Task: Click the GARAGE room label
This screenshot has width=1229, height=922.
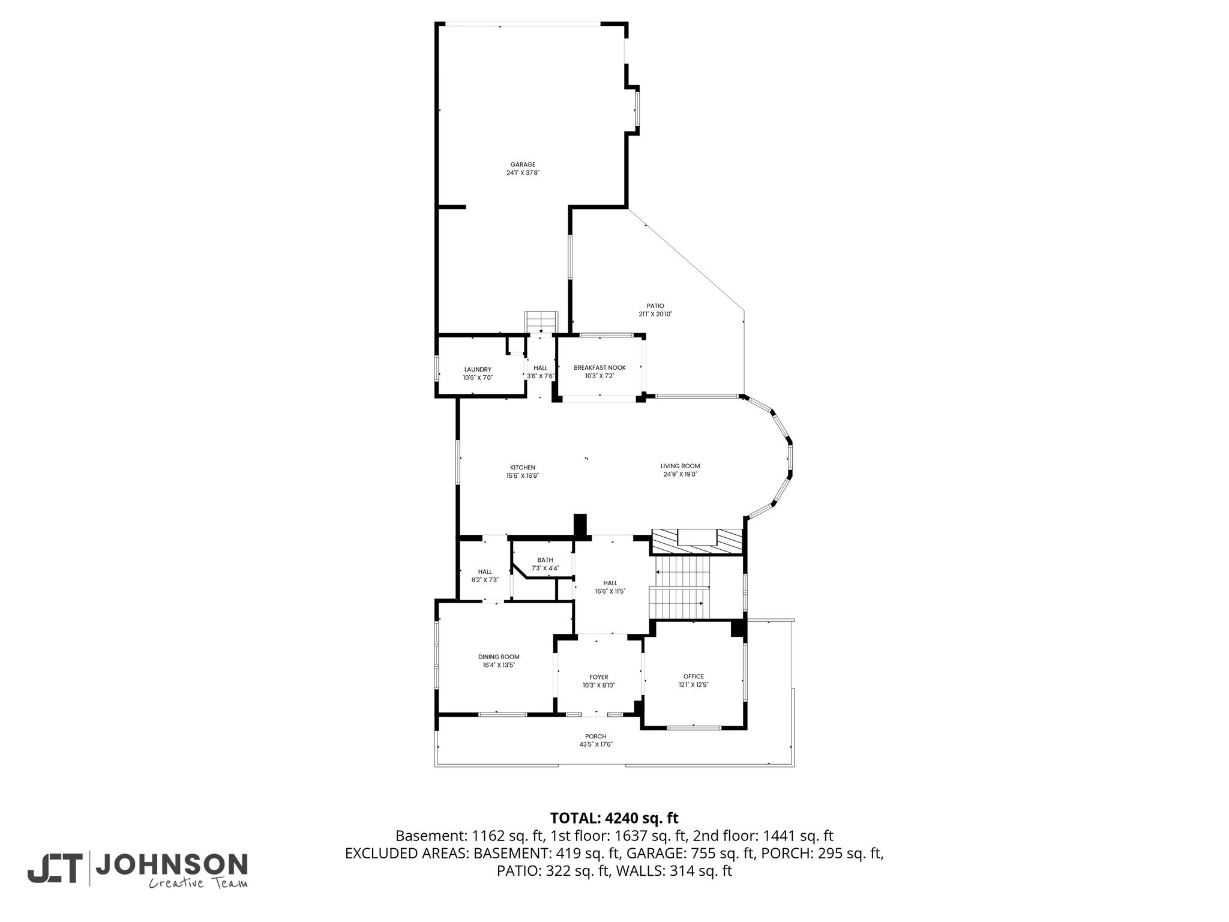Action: point(523,164)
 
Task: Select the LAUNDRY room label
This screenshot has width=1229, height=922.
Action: point(478,370)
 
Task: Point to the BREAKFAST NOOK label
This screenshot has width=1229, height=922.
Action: point(599,368)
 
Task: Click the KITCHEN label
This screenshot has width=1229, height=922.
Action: point(523,468)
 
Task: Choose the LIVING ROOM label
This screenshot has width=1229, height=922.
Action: point(681,466)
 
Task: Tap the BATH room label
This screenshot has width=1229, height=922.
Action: point(545,560)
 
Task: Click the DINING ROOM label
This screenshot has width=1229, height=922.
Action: point(499,657)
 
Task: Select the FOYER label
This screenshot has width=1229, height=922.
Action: point(599,677)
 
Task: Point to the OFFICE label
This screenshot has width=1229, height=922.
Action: point(694,676)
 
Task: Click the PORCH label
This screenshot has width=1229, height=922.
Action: point(596,737)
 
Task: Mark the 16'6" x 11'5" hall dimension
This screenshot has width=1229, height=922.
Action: point(610,591)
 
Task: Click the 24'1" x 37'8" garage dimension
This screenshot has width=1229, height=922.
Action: point(523,173)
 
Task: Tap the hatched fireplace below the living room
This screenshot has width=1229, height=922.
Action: point(697,542)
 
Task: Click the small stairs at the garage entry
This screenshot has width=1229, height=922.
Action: point(542,322)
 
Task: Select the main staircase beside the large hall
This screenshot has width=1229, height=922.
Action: point(680,588)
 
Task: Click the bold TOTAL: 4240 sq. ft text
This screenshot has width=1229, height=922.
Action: point(614,818)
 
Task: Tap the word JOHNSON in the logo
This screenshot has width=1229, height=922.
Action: point(172,864)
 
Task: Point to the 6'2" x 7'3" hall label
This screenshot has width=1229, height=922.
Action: point(485,576)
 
